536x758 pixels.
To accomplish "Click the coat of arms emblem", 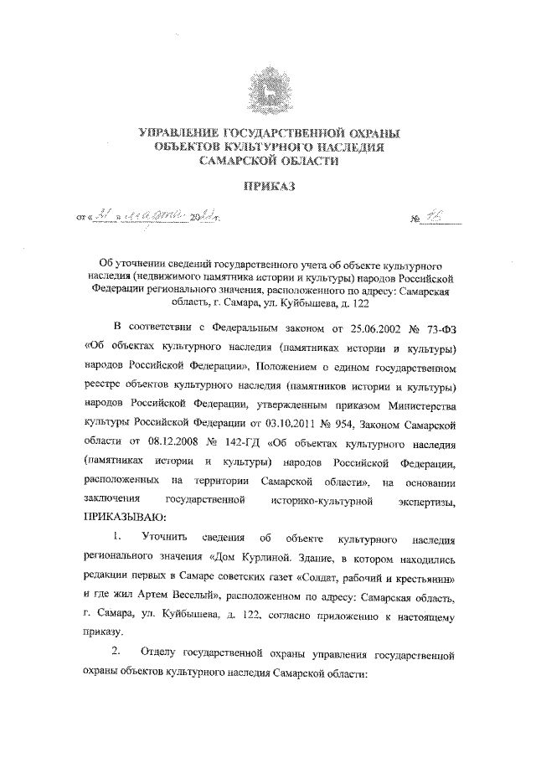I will pos(267,90).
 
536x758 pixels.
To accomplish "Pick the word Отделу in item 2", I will pos(161,651).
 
